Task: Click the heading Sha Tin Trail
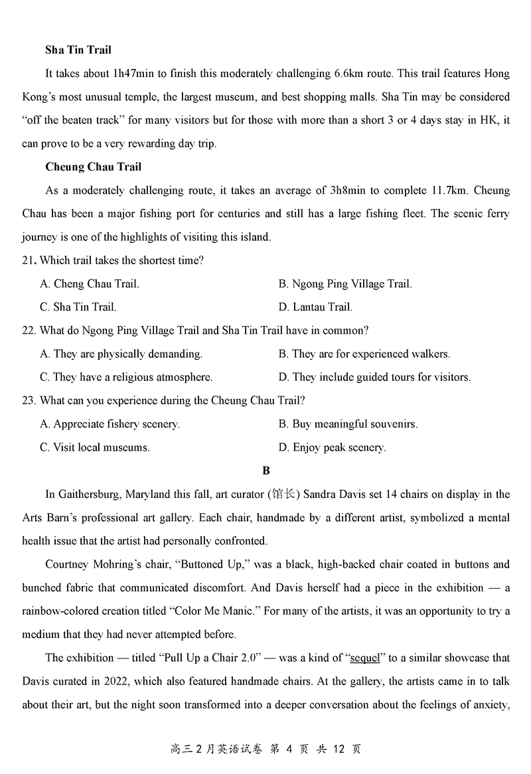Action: [78, 50]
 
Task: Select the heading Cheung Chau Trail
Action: [94, 167]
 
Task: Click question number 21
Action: [28, 261]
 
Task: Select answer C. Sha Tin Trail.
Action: [78, 307]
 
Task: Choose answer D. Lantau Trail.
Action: [315, 307]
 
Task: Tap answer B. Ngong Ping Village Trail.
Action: [345, 284]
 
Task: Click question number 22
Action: [28, 331]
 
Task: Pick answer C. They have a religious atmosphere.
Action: [126, 377]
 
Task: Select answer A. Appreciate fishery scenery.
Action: [110, 424]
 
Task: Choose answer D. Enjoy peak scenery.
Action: [332, 447]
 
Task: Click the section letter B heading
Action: [266, 471]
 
